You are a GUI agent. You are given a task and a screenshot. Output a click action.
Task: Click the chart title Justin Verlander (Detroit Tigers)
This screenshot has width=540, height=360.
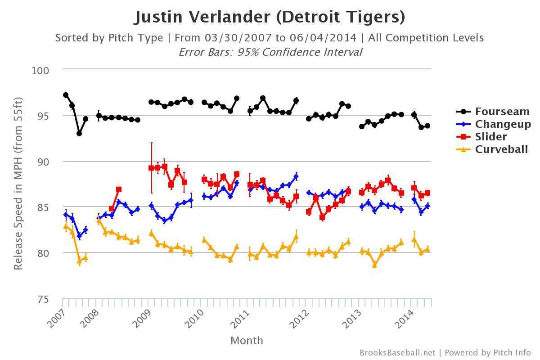[x=270, y=17]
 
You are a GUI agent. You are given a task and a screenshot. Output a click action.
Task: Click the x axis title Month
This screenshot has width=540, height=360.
[x=247, y=341]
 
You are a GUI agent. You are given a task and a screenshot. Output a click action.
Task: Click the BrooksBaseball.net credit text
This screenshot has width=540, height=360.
[x=397, y=353]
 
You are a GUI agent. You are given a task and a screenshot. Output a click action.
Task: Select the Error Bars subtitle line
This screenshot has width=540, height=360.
[x=270, y=52]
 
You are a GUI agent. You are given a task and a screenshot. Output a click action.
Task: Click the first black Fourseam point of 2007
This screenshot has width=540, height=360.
[x=66, y=95]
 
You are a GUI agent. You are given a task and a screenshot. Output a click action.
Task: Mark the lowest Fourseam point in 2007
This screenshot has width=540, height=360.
[x=79, y=133]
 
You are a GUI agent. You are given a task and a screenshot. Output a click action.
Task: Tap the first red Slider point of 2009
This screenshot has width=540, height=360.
[x=151, y=168]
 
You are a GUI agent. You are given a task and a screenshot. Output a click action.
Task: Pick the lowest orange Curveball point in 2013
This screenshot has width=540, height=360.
[x=374, y=265]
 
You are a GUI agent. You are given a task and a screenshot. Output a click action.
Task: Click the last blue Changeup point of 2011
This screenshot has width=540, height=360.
[x=296, y=176]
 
